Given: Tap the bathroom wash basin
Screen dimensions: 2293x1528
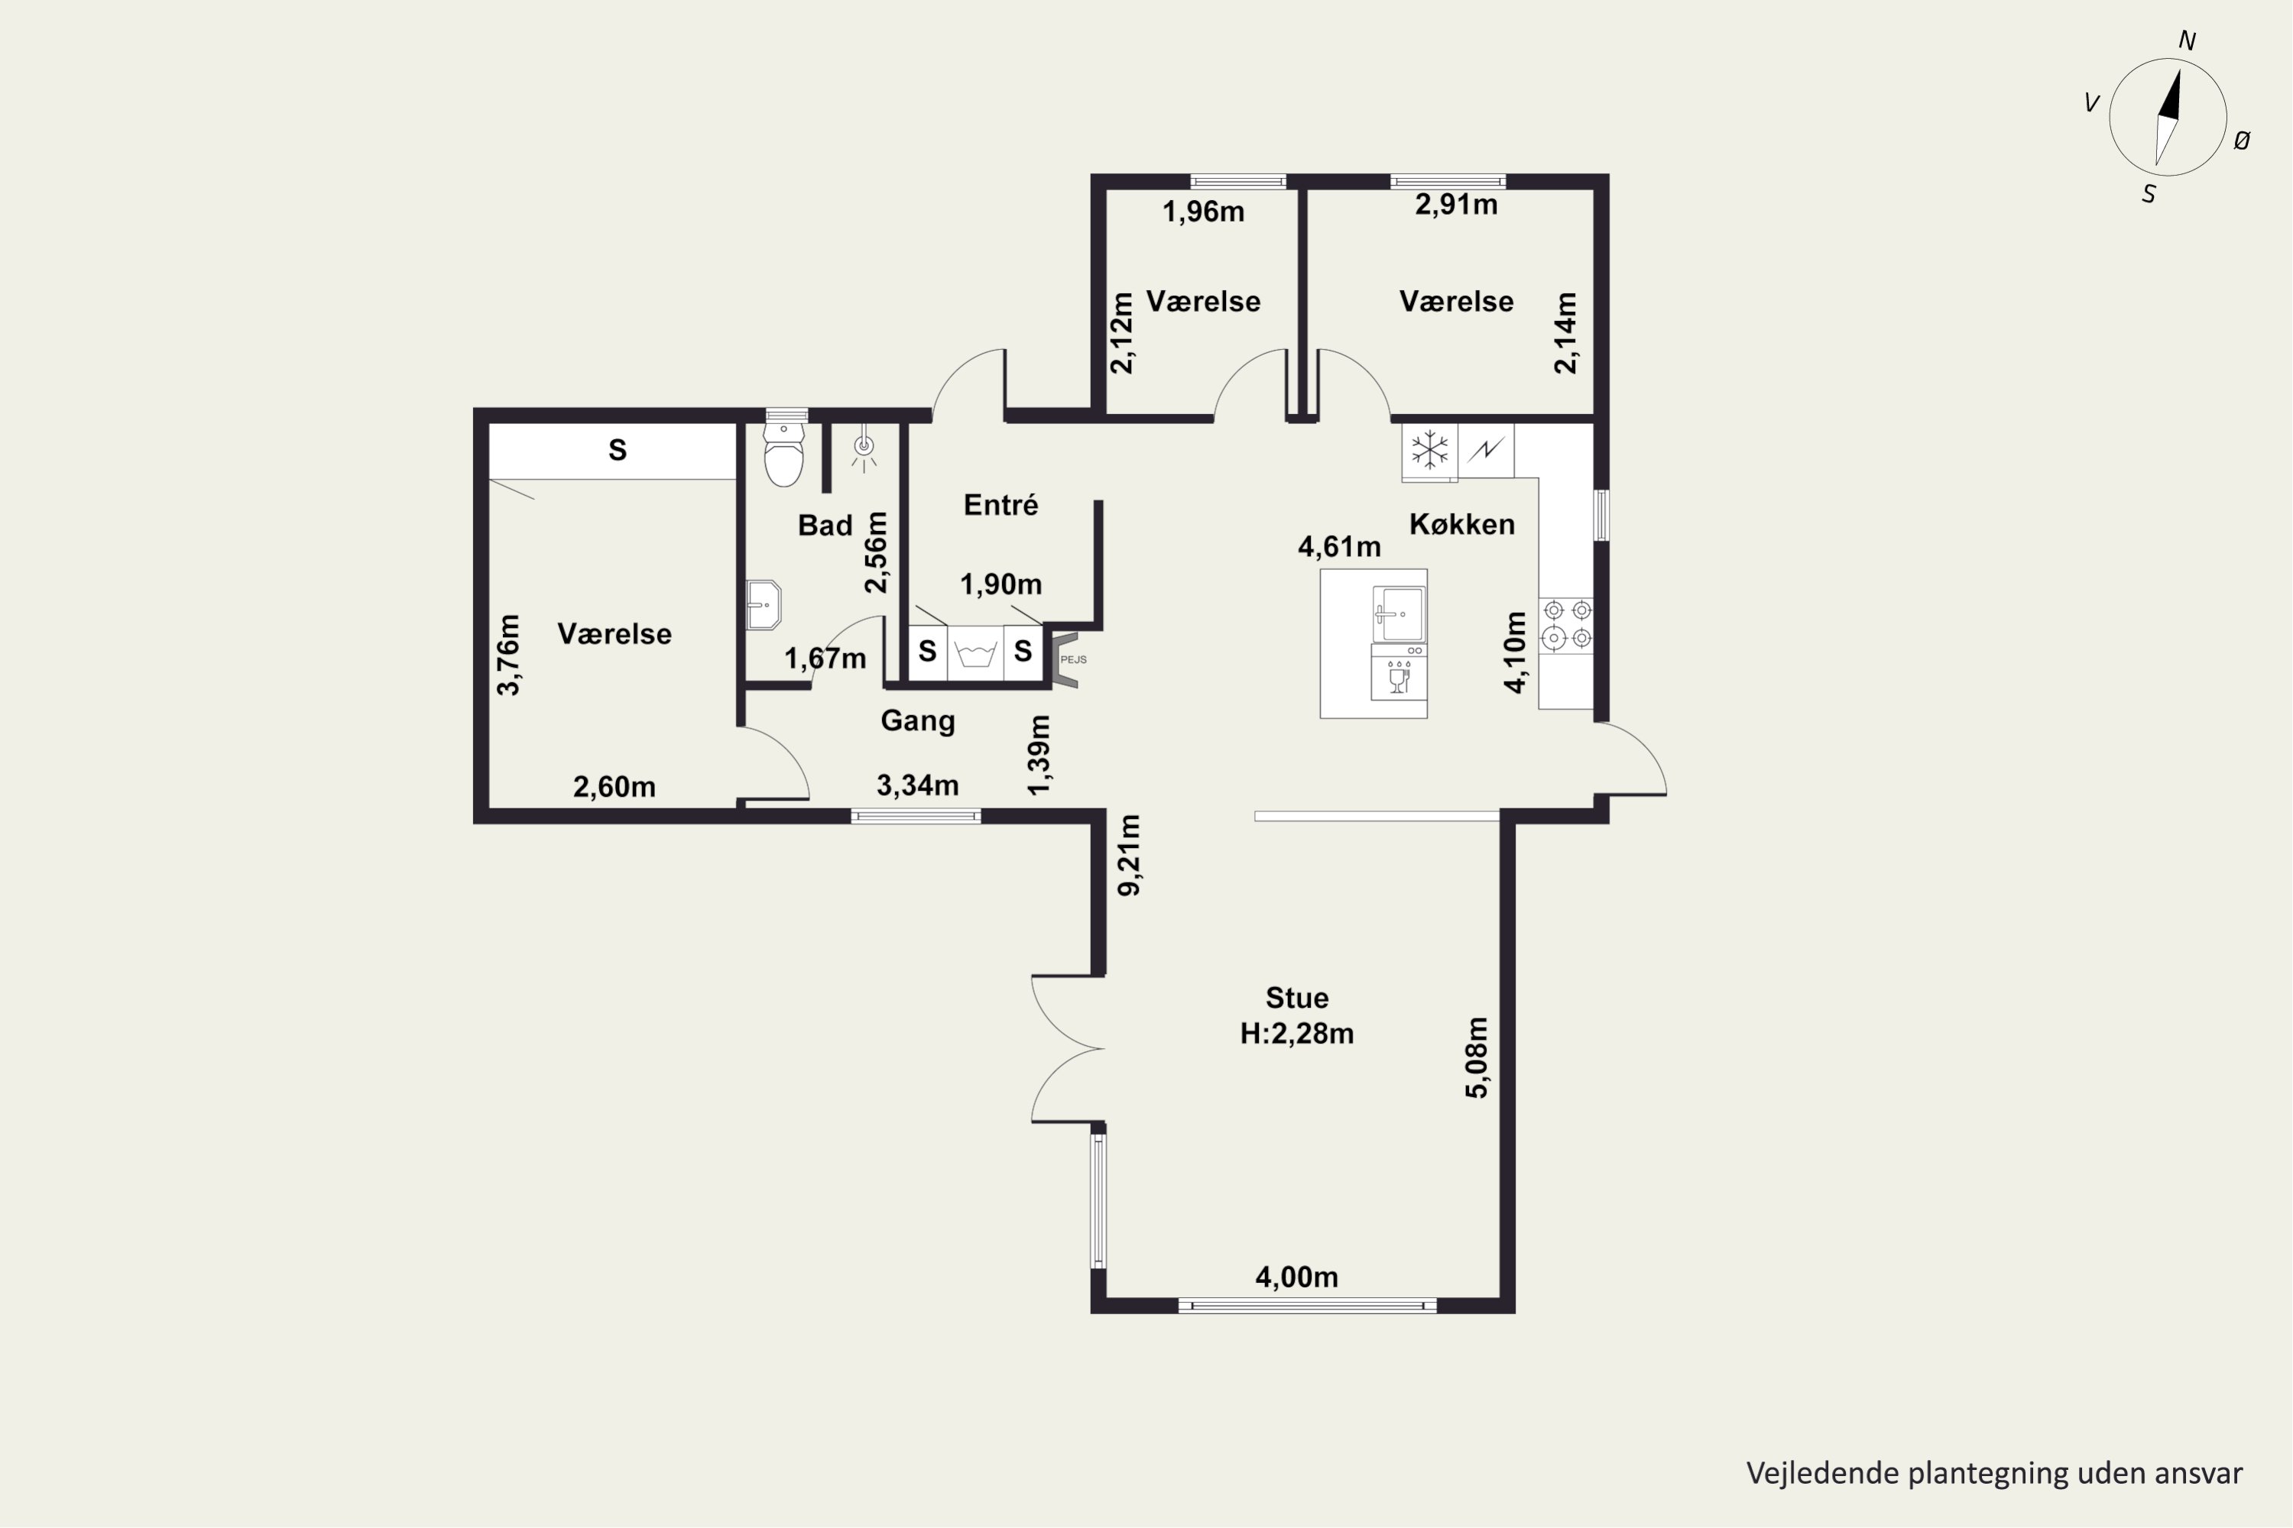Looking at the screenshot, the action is (764, 605).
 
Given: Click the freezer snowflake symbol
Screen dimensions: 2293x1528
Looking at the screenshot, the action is (1429, 450).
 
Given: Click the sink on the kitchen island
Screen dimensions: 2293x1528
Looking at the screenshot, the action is (1398, 614).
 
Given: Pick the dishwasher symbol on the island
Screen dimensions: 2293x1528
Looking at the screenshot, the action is (1399, 673).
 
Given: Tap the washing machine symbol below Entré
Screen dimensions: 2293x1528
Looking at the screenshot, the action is (975, 652).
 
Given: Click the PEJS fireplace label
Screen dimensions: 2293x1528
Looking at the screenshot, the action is (1073, 660).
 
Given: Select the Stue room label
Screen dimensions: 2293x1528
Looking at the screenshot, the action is (1296, 998).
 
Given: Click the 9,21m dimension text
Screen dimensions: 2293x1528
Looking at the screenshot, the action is (1129, 856).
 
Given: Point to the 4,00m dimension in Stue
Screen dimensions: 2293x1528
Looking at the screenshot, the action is (1296, 1277).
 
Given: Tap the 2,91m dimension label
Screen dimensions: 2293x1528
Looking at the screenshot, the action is (1457, 205).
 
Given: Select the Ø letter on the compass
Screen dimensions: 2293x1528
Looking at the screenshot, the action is (2241, 141).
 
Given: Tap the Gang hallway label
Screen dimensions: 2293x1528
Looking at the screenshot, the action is (917, 722).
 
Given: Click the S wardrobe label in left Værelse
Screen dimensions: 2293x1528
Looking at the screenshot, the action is (617, 450).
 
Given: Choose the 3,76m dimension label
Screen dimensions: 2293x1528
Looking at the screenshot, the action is (509, 654).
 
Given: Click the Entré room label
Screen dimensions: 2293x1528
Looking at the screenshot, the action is (1001, 505).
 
